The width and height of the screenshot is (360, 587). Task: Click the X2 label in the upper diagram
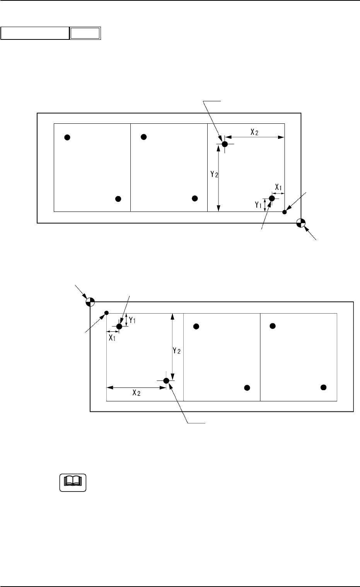254,132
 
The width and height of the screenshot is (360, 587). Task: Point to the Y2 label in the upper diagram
214,174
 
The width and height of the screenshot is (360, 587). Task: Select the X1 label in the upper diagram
278,187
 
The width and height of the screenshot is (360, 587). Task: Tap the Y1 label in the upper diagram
258,205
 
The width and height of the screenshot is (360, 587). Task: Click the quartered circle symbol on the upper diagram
301,223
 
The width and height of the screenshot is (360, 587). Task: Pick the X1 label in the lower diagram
112,337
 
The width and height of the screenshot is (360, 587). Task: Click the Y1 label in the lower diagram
133,320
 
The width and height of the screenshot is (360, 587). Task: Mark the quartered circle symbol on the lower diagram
90,302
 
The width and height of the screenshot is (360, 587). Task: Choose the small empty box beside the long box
85,33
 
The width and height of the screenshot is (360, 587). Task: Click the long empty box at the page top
35,33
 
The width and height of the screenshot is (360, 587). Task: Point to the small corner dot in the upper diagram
285,212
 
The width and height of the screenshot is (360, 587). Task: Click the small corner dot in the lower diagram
107,313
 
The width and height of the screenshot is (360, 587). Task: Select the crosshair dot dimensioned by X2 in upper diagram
225,144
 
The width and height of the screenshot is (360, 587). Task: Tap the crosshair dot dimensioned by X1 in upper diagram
271,198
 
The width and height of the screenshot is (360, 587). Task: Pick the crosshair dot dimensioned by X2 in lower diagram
166,381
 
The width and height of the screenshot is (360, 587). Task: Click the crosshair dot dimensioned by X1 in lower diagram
119,326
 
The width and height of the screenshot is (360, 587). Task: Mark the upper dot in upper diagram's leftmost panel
67,137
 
